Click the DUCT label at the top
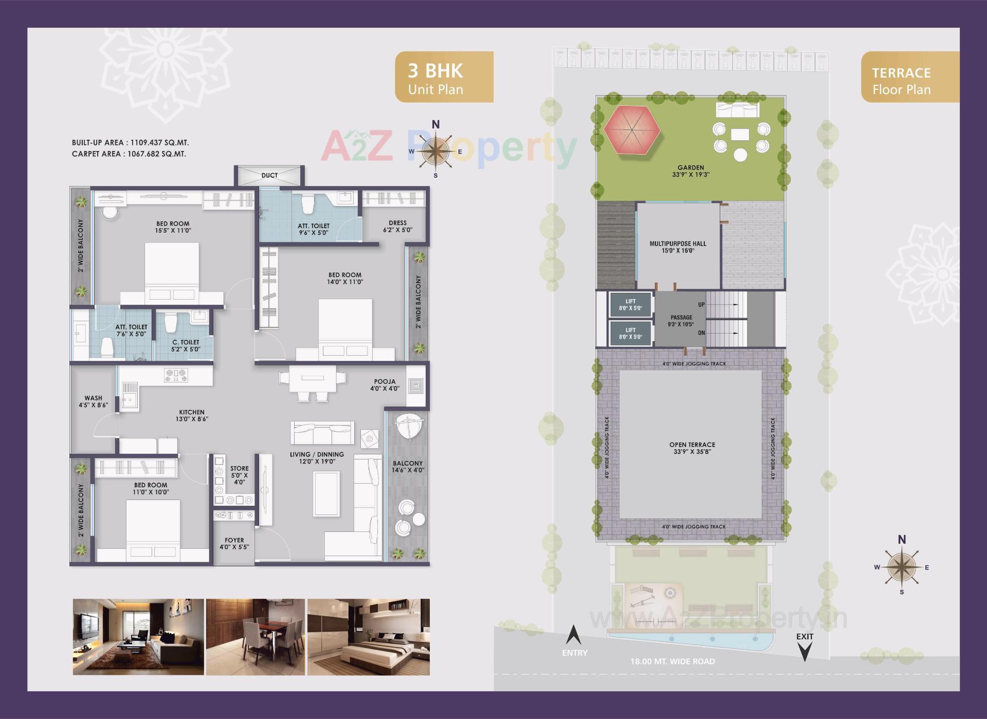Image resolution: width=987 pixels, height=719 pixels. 269,175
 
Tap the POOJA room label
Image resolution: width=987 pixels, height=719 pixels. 385,385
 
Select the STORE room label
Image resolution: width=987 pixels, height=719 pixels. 240,475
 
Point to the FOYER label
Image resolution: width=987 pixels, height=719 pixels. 234,543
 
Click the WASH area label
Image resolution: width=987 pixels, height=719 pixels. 94,401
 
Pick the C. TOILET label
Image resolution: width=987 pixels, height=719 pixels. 186,345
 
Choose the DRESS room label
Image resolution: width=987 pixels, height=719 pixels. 397,227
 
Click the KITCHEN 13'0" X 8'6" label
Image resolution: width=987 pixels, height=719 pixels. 192,415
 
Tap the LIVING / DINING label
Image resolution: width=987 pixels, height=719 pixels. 317,457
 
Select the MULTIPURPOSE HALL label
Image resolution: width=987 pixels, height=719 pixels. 678,247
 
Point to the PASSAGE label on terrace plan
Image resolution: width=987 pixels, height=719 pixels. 682,321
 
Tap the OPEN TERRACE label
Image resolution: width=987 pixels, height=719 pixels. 692,448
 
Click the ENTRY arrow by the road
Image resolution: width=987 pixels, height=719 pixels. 573,636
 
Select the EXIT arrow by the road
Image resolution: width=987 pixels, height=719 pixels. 805,651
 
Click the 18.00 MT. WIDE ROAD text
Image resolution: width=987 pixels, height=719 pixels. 672,661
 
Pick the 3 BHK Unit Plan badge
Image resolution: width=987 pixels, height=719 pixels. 444,77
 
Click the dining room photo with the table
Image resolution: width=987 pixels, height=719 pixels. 255,637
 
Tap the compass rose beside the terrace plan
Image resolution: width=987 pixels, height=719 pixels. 901,567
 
